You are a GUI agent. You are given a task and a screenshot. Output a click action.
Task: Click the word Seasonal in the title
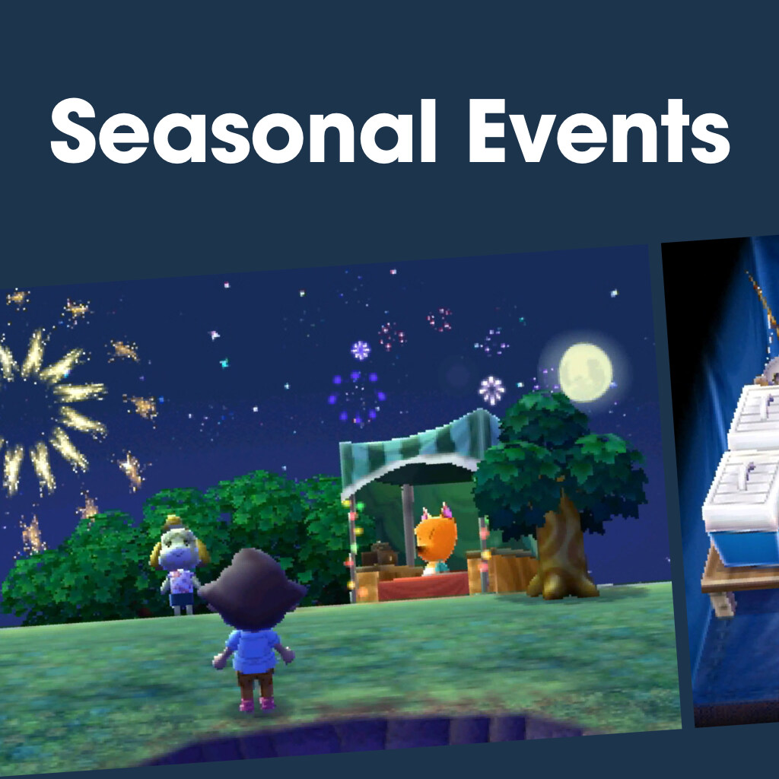(x=243, y=131)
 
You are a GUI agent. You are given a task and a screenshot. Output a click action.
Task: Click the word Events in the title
(x=599, y=131)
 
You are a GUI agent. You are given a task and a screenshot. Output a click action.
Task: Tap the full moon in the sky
(x=585, y=372)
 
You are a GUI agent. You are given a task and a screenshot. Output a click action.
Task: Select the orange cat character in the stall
(x=436, y=539)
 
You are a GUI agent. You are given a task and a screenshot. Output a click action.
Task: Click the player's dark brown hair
(x=253, y=590)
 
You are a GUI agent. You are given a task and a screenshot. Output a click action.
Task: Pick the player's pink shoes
(x=256, y=704)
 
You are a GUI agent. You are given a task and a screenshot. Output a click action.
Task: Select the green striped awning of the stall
(x=420, y=450)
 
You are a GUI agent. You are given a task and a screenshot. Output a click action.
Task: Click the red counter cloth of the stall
(x=423, y=587)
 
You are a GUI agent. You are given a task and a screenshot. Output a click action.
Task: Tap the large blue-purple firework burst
(x=356, y=397)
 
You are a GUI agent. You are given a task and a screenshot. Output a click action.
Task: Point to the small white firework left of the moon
(x=491, y=390)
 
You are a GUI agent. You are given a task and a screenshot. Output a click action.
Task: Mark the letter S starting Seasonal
(x=73, y=131)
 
